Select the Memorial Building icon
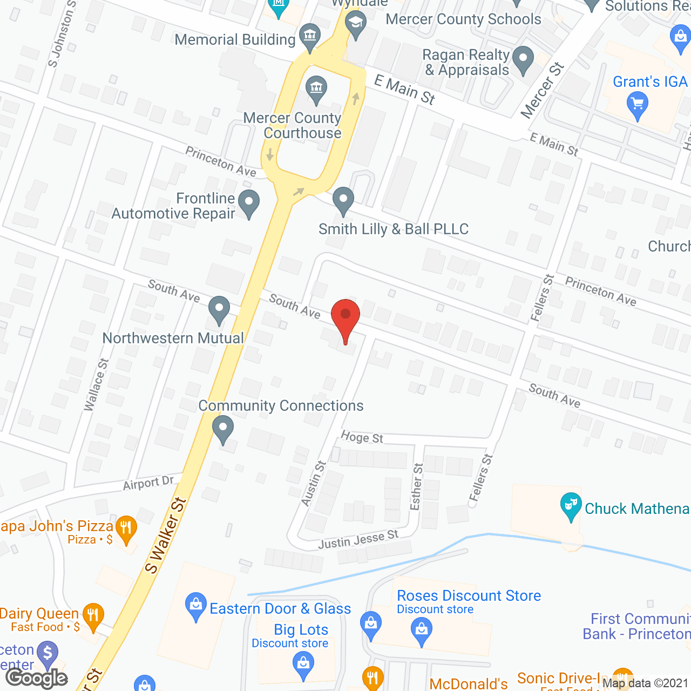(310, 36)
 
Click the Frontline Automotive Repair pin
(249, 203)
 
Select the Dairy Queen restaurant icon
(93, 615)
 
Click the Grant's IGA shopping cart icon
(638, 104)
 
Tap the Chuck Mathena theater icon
(571, 506)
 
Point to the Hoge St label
(362, 437)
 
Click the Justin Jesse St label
(358, 539)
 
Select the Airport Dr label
(148, 483)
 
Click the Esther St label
(416, 486)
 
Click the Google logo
(37, 678)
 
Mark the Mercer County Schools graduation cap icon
(356, 23)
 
